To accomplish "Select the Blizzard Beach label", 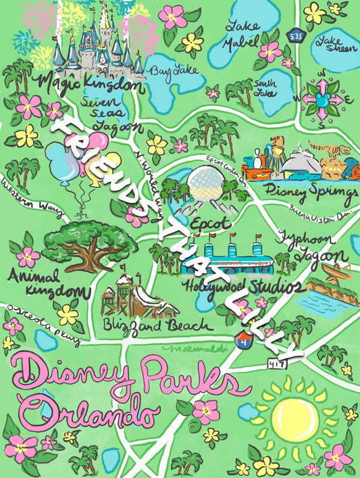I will pyautogui.click(x=157, y=325).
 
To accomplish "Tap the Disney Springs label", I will pyautogui.click(x=311, y=192).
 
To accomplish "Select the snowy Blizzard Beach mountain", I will pyautogui.click(x=135, y=295).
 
